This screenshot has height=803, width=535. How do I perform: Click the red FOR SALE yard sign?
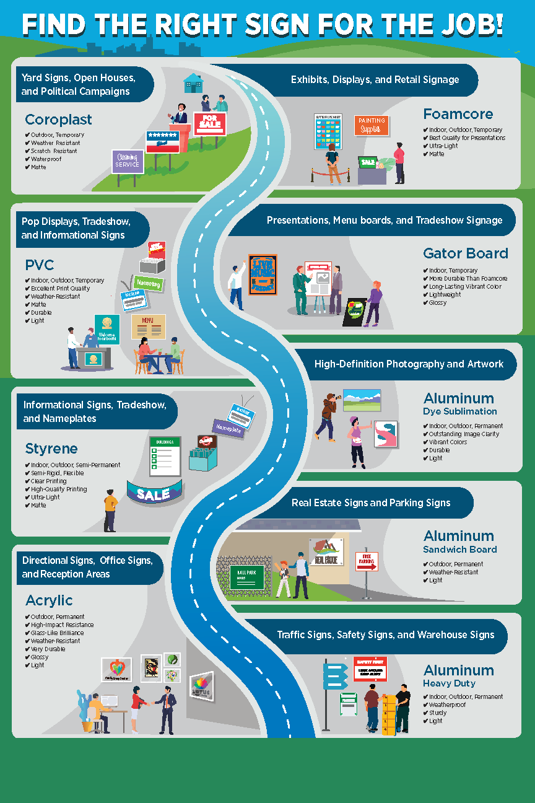click(x=209, y=123)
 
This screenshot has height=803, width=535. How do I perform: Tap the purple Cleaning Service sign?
click(x=128, y=161)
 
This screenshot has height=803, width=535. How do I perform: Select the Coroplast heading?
click(x=58, y=120)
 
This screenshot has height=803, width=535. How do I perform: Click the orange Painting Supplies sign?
click(x=372, y=125)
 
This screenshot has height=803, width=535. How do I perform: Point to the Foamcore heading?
click(x=458, y=114)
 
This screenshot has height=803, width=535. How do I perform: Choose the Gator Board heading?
click(x=466, y=253)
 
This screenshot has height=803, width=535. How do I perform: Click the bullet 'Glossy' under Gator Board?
click(x=437, y=303)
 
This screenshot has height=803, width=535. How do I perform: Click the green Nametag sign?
click(x=148, y=283)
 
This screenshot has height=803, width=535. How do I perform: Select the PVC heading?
click(x=40, y=266)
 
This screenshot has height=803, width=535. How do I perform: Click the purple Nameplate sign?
click(x=229, y=428)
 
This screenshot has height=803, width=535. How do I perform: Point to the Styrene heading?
click(x=51, y=449)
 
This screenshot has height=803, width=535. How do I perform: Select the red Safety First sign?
click(x=370, y=669)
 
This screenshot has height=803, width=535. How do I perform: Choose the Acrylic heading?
click(x=49, y=600)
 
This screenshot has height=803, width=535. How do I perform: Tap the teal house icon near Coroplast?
click(x=193, y=83)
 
